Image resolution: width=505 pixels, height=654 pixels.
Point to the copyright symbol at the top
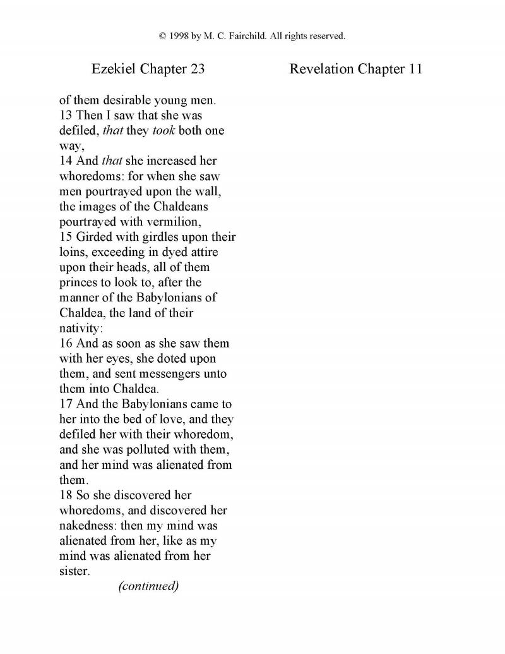[x=163, y=36]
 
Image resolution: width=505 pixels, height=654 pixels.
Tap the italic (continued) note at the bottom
[x=148, y=586]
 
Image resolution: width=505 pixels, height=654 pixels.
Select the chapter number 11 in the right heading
[x=414, y=70]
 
